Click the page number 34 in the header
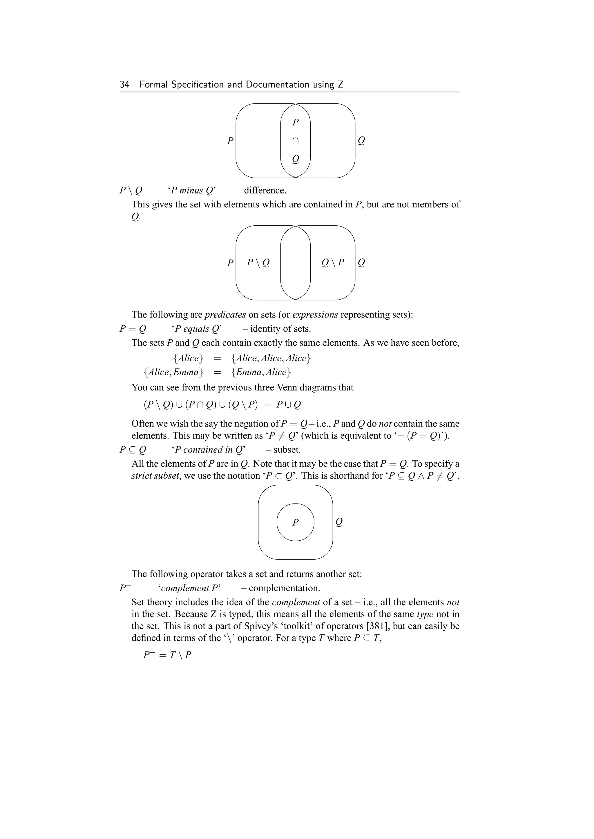pos(124,85)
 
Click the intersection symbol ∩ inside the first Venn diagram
pos(296,141)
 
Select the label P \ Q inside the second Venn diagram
pos(258,262)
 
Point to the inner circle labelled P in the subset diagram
pos(296,523)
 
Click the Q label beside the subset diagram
pos(339,523)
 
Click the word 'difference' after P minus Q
pos(265,190)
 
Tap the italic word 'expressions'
pos(315,315)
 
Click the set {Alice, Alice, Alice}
pos(271,358)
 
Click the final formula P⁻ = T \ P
pos(168,654)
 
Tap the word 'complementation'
pos(284,588)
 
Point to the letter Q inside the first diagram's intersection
pos(296,159)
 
